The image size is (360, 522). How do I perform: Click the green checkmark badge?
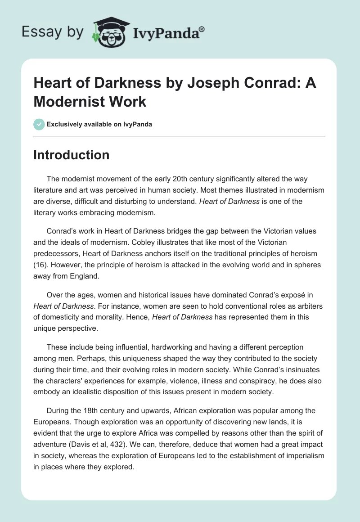point(39,124)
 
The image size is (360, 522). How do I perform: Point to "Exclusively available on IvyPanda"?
point(99,124)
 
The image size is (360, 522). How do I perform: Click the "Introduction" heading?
point(72,155)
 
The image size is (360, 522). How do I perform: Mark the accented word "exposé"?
point(286,295)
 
